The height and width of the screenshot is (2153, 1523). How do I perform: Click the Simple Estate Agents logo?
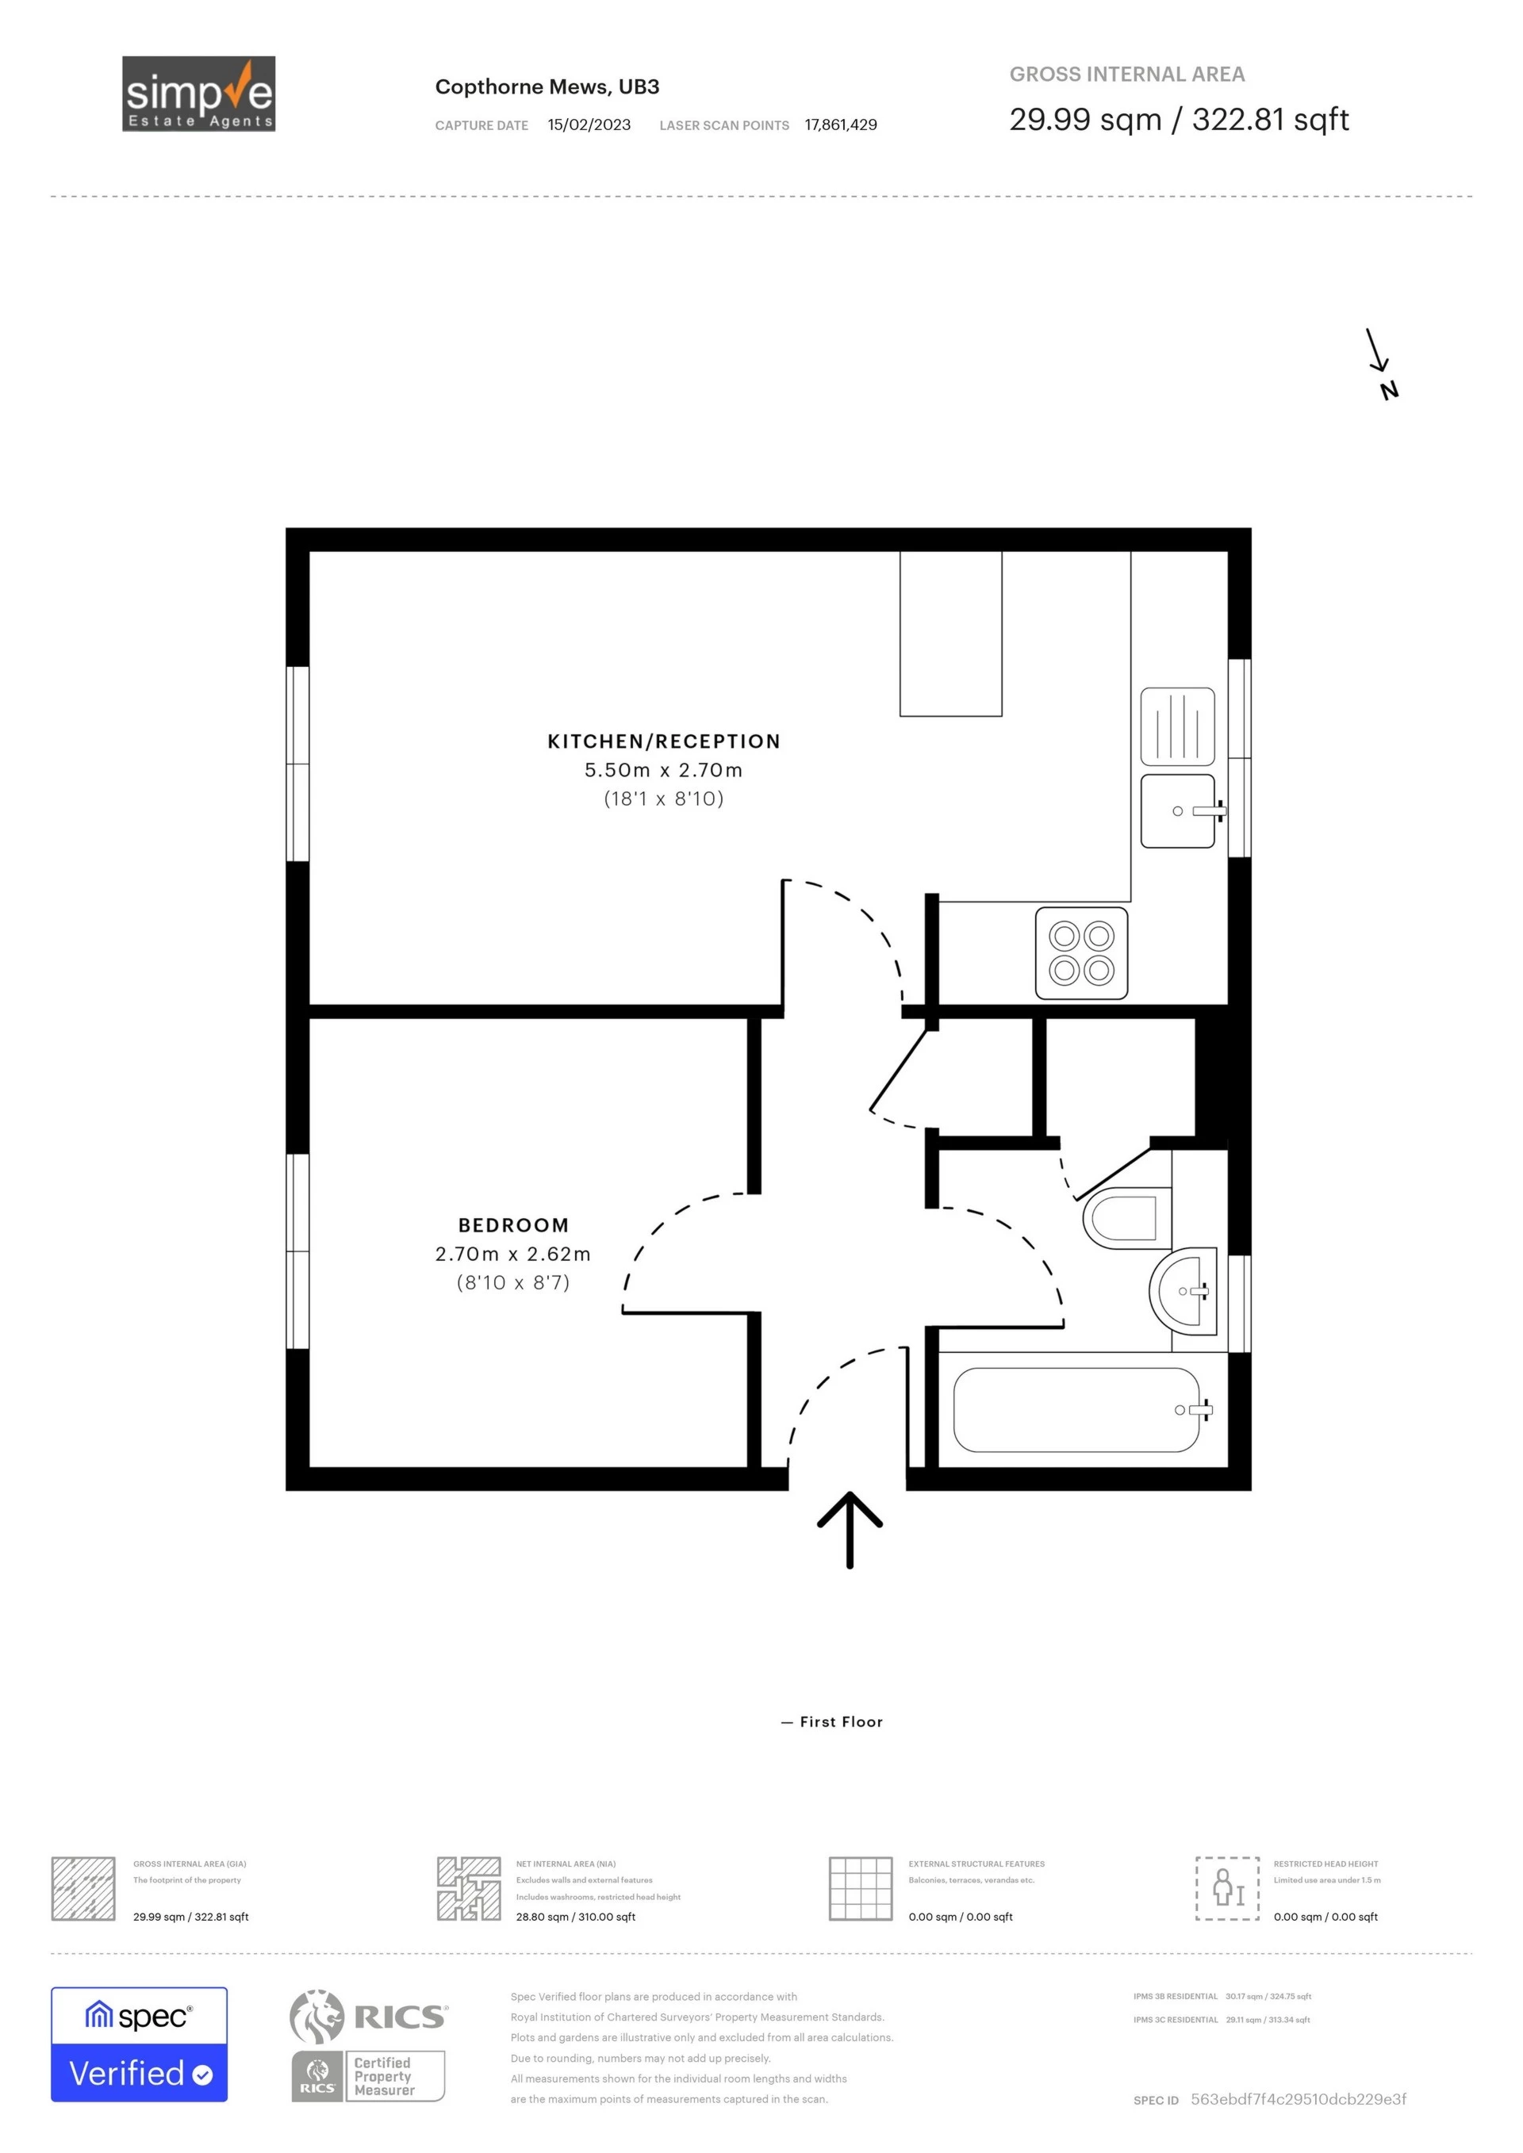199,94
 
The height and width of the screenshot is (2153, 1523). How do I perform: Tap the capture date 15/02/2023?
589,125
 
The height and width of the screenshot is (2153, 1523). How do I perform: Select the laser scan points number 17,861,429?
840,125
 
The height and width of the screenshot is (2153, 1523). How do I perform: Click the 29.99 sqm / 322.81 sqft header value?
1178,120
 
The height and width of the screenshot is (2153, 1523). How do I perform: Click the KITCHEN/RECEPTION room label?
664,741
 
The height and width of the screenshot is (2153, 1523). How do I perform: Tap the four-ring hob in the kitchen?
1081,952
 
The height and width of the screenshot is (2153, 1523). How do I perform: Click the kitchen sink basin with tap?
1178,810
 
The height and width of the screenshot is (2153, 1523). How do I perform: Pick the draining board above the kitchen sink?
1178,726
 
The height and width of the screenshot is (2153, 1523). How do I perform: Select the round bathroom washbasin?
1184,1291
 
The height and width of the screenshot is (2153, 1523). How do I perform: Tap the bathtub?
1076,1409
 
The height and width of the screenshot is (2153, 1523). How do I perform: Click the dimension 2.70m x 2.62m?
513,1254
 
